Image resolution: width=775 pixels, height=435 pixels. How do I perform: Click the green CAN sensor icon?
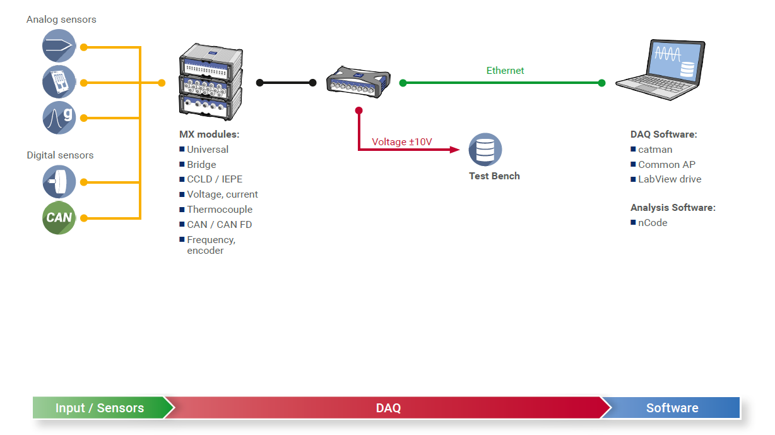[59, 218]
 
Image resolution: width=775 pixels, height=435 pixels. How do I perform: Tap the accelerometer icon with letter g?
[59, 117]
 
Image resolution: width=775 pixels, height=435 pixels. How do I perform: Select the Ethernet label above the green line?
[505, 71]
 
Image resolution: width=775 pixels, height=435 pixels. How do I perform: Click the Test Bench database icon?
[485, 150]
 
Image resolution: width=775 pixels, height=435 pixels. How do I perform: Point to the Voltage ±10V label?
[401, 142]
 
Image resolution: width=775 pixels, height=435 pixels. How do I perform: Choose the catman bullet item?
[655, 150]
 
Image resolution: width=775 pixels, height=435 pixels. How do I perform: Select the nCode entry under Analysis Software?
[653, 223]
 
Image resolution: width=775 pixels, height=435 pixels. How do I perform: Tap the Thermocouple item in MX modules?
[220, 210]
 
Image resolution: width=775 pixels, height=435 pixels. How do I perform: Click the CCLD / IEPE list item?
[215, 179]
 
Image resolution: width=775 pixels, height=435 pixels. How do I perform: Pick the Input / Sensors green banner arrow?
[100, 408]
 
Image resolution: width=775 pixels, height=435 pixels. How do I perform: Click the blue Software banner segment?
[672, 408]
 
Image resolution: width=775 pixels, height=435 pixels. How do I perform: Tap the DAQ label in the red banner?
[388, 408]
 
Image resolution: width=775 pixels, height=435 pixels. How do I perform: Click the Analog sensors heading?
[61, 20]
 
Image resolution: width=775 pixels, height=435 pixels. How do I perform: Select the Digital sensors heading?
[60, 155]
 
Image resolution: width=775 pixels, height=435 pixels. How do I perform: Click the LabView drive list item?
[670, 179]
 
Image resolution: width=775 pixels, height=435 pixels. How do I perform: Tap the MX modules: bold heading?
[209, 134]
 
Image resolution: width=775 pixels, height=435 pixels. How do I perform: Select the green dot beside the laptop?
[601, 83]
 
